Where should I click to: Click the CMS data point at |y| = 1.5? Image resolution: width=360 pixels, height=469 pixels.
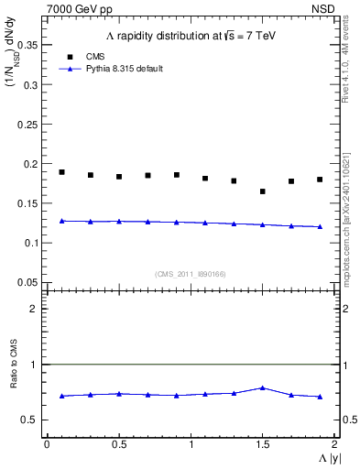(x=262, y=191)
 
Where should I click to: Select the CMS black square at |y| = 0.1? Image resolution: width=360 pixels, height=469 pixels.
(x=61, y=172)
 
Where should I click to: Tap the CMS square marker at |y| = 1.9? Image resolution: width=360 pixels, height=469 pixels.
(x=320, y=180)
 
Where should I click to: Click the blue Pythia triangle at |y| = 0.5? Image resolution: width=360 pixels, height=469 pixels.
(x=119, y=221)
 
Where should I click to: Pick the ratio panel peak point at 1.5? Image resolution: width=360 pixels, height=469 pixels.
(x=262, y=387)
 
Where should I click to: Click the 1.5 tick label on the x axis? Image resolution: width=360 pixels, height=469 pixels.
(x=262, y=444)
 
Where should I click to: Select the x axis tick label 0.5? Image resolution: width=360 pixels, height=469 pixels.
(x=119, y=444)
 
